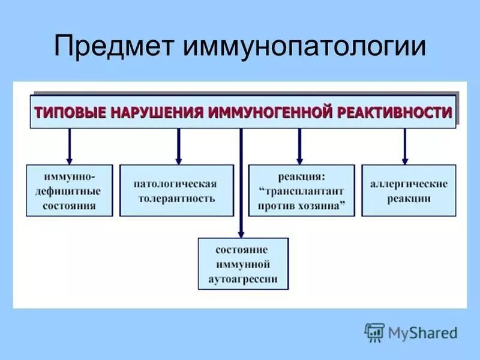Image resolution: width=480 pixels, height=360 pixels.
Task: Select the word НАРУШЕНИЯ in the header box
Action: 154,112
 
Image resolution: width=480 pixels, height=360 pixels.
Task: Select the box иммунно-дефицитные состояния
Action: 70,191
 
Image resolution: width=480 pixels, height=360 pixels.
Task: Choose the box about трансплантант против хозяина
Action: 302,191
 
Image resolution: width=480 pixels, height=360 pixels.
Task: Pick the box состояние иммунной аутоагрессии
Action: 242,264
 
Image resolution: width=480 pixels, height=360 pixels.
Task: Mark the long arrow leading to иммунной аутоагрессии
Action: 241,180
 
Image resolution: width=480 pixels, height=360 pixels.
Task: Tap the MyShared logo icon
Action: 374,332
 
